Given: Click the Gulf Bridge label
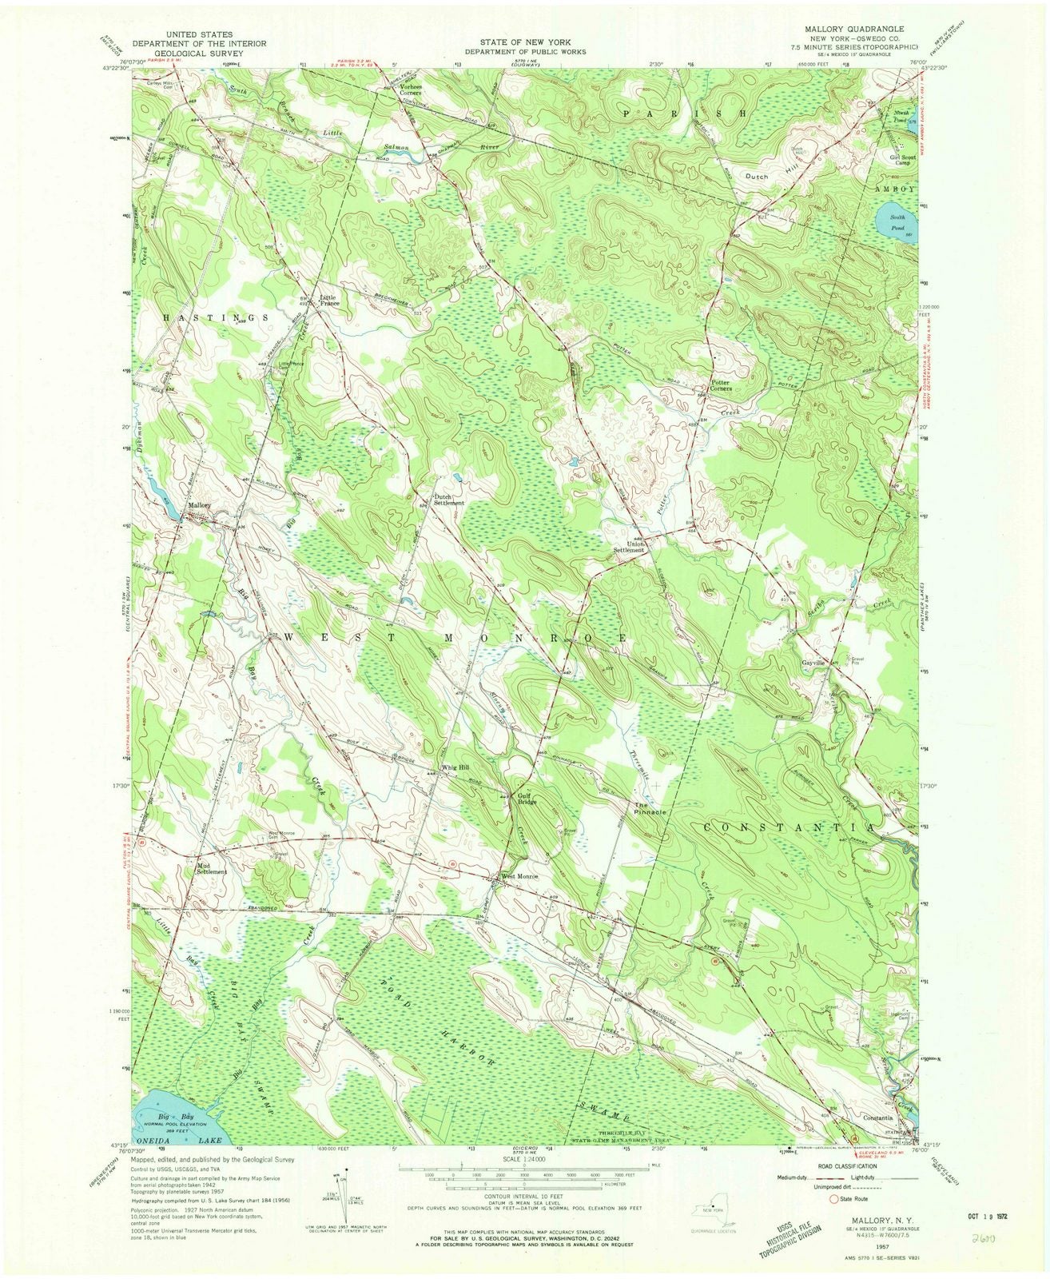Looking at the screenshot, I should coord(524,799).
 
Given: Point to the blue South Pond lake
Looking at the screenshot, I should coord(893,217).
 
